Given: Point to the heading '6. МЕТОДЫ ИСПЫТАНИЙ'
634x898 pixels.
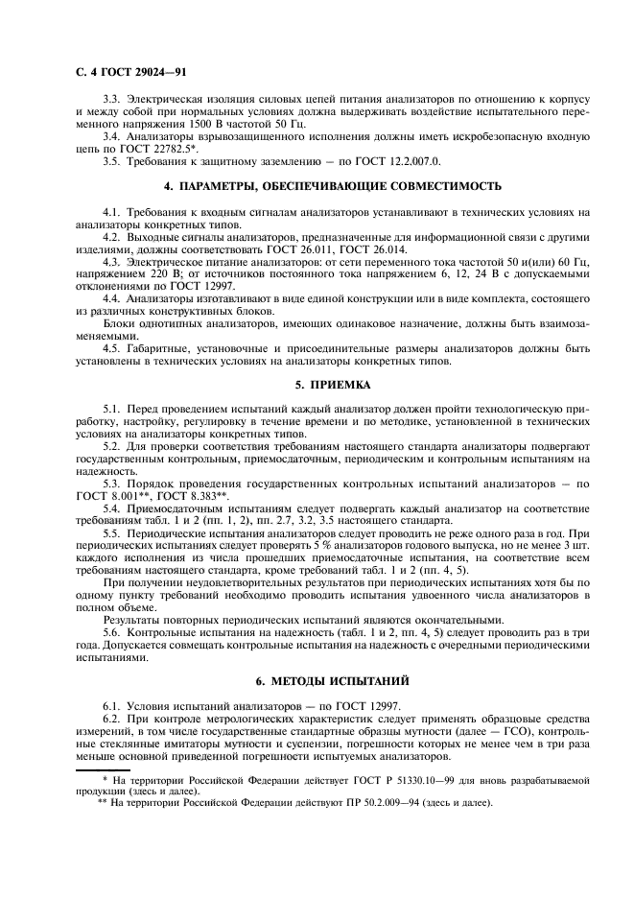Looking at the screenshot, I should point(317,681).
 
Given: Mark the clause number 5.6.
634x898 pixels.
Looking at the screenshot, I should point(111,633).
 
